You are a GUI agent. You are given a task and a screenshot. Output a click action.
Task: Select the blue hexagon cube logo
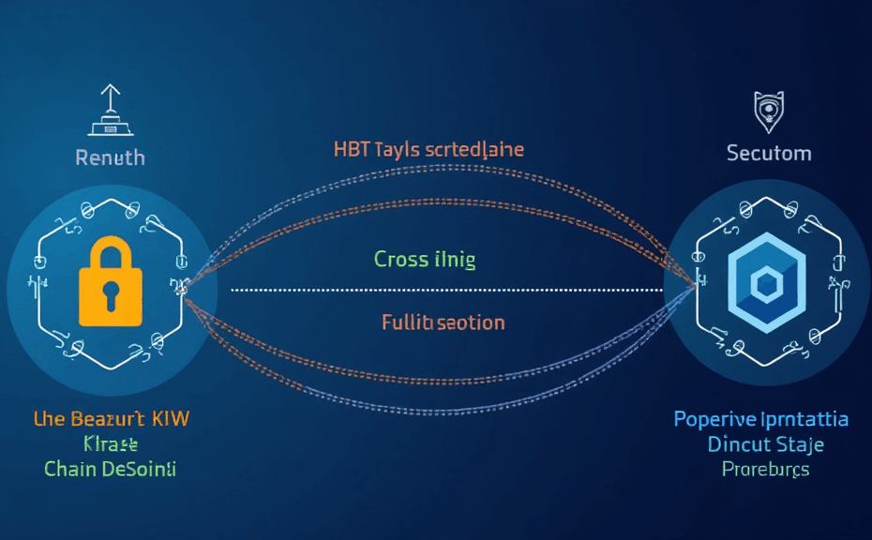768,283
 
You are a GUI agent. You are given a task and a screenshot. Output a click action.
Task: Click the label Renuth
110,157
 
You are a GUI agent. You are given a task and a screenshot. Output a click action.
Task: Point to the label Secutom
769,152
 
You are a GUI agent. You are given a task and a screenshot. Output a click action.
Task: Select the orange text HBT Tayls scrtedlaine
428,149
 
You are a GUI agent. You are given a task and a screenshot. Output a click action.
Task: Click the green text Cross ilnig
424,259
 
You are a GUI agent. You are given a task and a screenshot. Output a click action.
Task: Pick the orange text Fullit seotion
443,322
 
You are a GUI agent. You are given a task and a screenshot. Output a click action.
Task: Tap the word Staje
803,443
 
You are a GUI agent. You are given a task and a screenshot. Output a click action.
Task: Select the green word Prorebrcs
765,468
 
